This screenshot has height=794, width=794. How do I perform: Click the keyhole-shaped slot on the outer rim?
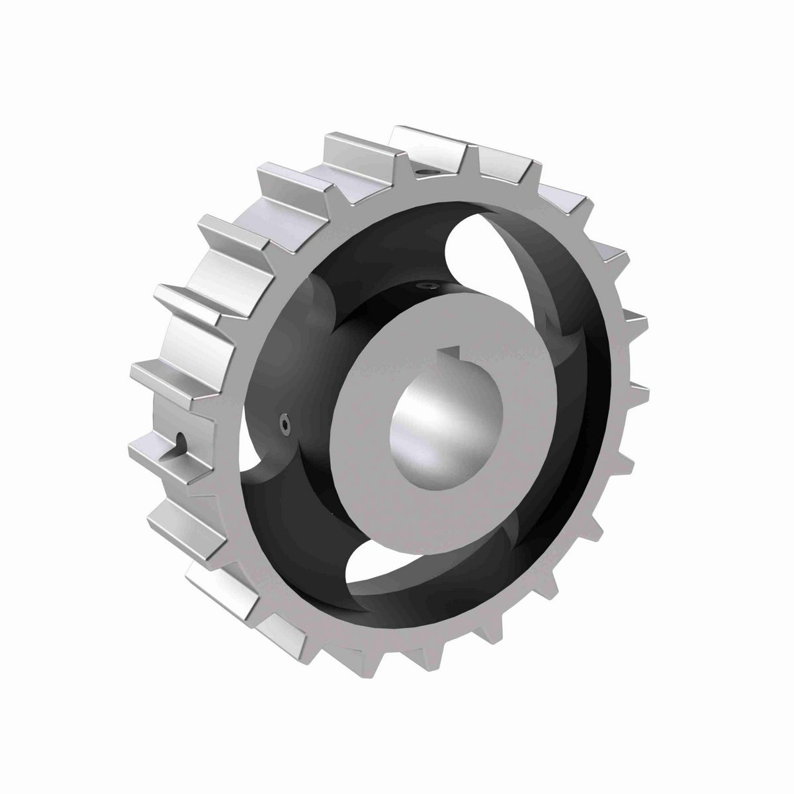tap(179, 444)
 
